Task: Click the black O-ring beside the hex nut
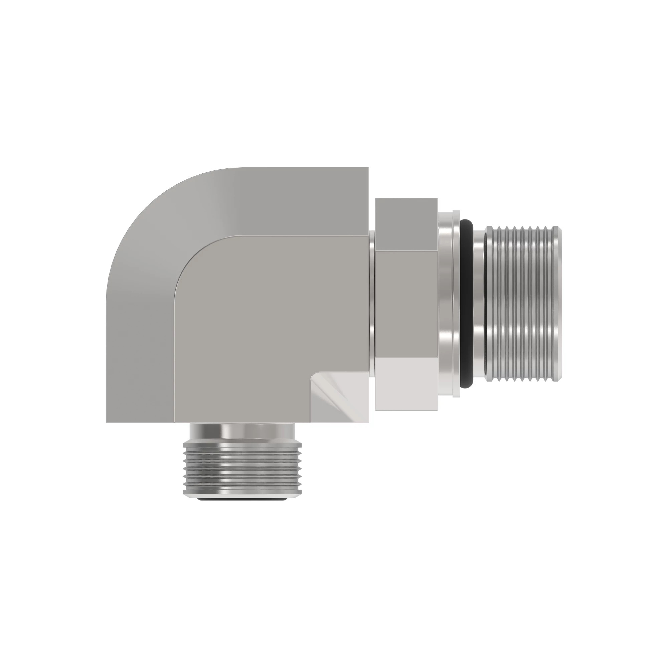click(466, 304)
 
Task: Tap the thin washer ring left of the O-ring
click(456, 304)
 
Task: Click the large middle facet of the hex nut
click(406, 304)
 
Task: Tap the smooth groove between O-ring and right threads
click(478, 304)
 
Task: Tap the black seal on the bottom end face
click(242, 499)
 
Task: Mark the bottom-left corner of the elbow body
click(107, 422)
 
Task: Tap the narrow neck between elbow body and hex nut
click(372, 304)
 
